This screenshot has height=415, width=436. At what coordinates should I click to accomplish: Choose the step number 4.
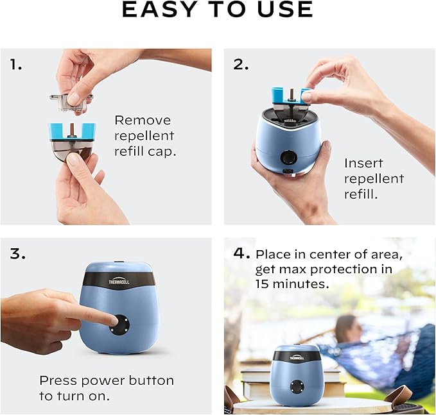[241, 253]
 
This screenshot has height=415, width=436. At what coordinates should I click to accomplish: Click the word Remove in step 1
[143, 120]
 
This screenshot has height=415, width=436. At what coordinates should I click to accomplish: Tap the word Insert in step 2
[364, 163]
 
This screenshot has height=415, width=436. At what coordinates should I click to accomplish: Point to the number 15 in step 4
[264, 283]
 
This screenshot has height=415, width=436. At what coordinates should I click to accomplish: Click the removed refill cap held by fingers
[71, 100]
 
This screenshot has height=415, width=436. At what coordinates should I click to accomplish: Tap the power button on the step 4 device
[297, 387]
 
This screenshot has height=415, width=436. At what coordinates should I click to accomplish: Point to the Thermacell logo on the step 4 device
[297, 357]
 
